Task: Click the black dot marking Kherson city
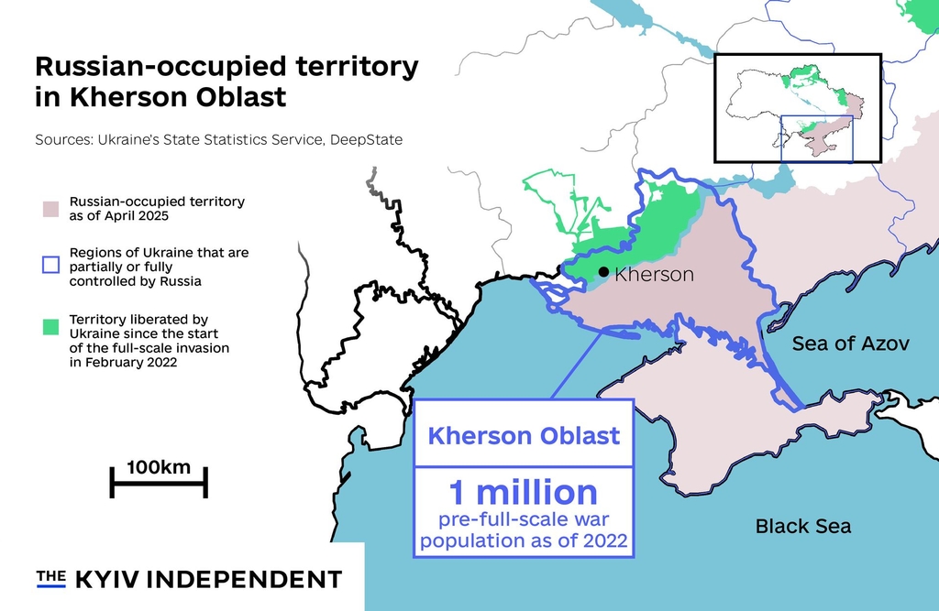click(x=603, y=272)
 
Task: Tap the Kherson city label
click(x=654, y=274)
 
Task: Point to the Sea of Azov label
click(x=850, y=344)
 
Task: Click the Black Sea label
click(x=802, y=526)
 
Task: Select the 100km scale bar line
click(x=159, y=482)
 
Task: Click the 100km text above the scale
click(x=159, y=467)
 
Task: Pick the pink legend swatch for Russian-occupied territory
click(x=50, y=208)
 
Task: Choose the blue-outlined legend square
click(x=50, y=266)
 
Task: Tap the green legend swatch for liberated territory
click(x=50, y=326)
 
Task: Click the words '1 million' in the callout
click(x=523, y=493)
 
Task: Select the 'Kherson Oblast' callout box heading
click(x=524, y=435)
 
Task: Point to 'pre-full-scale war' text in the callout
click(x=523, y=520)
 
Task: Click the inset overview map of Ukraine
click(x=797, y=107)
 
